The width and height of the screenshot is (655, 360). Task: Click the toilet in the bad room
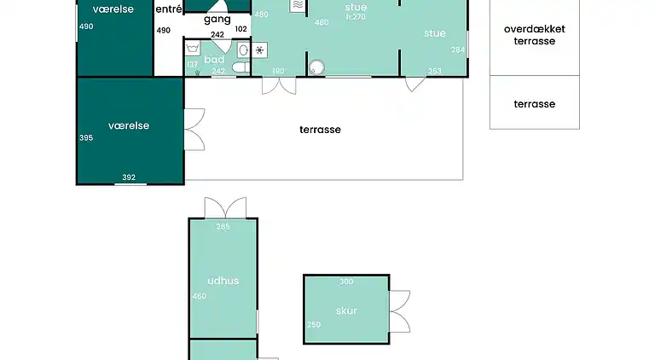(x=241, y=67)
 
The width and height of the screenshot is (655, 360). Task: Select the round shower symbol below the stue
(x=316, y=67)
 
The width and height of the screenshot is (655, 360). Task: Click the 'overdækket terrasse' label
(x=534, y=35)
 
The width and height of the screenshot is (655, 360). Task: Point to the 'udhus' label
(x=223, y=281)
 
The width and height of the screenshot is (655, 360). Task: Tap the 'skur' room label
(x=346, y=311)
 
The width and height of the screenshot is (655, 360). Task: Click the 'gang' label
(x=217, y=20)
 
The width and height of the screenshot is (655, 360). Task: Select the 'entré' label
(x=169, y=9)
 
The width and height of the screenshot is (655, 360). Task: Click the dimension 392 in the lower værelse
(x=129, y=177)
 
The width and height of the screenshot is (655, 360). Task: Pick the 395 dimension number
(x=86, y=138)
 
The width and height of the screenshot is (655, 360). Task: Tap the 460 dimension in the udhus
(x=200, y=297)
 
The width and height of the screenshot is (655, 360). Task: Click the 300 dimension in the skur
(x=346, y=282)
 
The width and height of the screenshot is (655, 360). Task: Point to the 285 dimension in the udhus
(x=223, y=227)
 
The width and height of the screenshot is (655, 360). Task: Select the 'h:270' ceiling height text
(x=356, y=17)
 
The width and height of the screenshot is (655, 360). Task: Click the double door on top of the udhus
(x=225, y=207)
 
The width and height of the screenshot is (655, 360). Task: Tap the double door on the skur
(x=400, y=311)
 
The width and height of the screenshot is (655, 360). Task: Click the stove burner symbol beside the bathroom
(x=259, y=50)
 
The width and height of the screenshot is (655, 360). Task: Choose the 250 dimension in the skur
(x=314, y=324)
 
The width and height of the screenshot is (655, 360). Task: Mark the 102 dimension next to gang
(x=241, y=29)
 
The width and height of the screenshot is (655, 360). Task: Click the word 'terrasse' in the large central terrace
(x=320, y=130)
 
